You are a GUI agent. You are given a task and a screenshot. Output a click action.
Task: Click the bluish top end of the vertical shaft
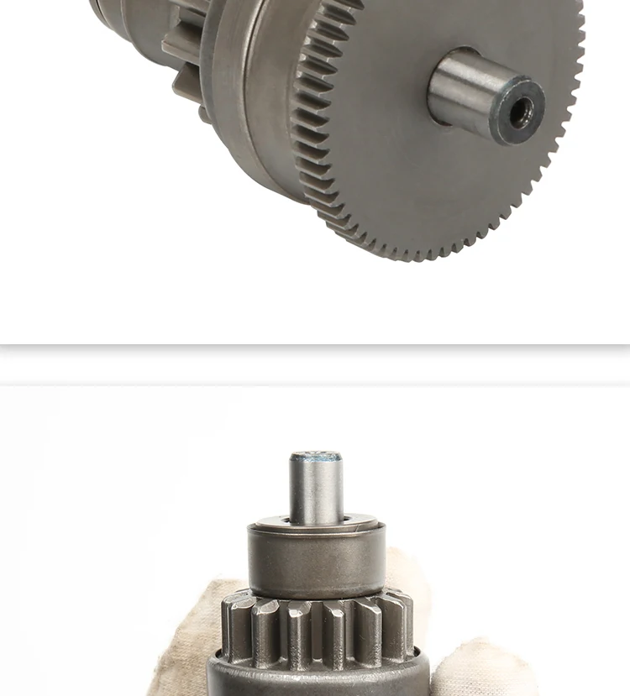point(316,458)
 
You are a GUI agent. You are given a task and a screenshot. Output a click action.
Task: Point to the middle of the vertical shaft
point(316,491)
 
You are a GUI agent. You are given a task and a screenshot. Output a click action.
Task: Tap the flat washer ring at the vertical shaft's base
point(316,526)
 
